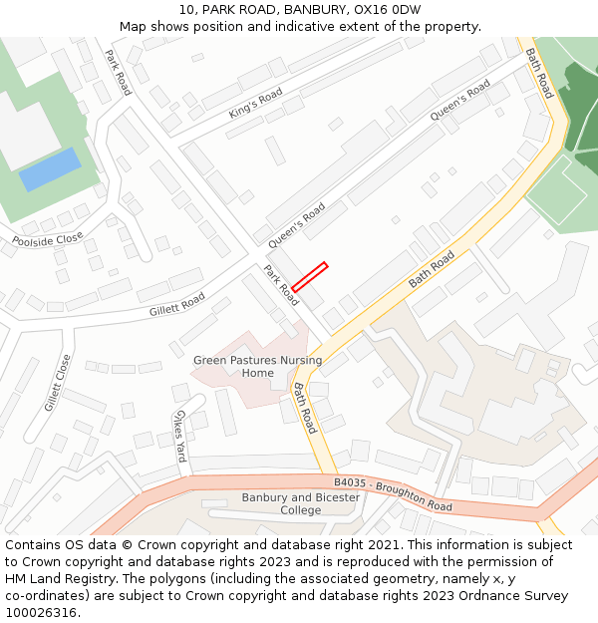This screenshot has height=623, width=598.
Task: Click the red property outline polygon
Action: coord(309,276)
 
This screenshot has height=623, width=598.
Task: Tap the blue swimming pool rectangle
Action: coord(51,169)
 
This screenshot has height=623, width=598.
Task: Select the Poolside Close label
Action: coord(48,240)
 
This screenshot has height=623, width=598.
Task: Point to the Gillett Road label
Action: coord(176,304)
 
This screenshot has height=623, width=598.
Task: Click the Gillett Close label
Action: coord(58,383)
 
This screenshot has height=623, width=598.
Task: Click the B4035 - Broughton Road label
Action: coord(393,493)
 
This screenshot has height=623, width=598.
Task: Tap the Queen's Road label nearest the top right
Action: coord(460,103)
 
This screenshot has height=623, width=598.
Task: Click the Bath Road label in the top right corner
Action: coord(539,73)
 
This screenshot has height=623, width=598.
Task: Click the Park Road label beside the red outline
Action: coord(281,285)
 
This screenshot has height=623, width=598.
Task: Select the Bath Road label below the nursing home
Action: coord(304,407)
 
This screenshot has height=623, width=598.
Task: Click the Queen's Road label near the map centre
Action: coord(296,225)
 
